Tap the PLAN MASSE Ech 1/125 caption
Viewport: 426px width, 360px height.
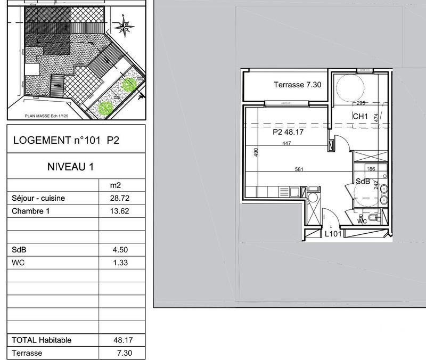click(x=48, y=114)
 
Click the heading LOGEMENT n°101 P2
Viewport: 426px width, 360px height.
click(x=70, y=141)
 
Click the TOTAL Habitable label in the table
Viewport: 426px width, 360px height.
click(x=42, y=340)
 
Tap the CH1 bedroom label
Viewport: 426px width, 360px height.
click(x=361, y=117)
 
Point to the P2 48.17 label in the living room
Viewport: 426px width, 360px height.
click(x=288, y=132)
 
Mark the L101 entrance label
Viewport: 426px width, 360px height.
click(x=333, y=233)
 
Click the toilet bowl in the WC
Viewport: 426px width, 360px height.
click(x=375, y=218)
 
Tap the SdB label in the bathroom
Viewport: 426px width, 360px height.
click(x=363, y=181)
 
